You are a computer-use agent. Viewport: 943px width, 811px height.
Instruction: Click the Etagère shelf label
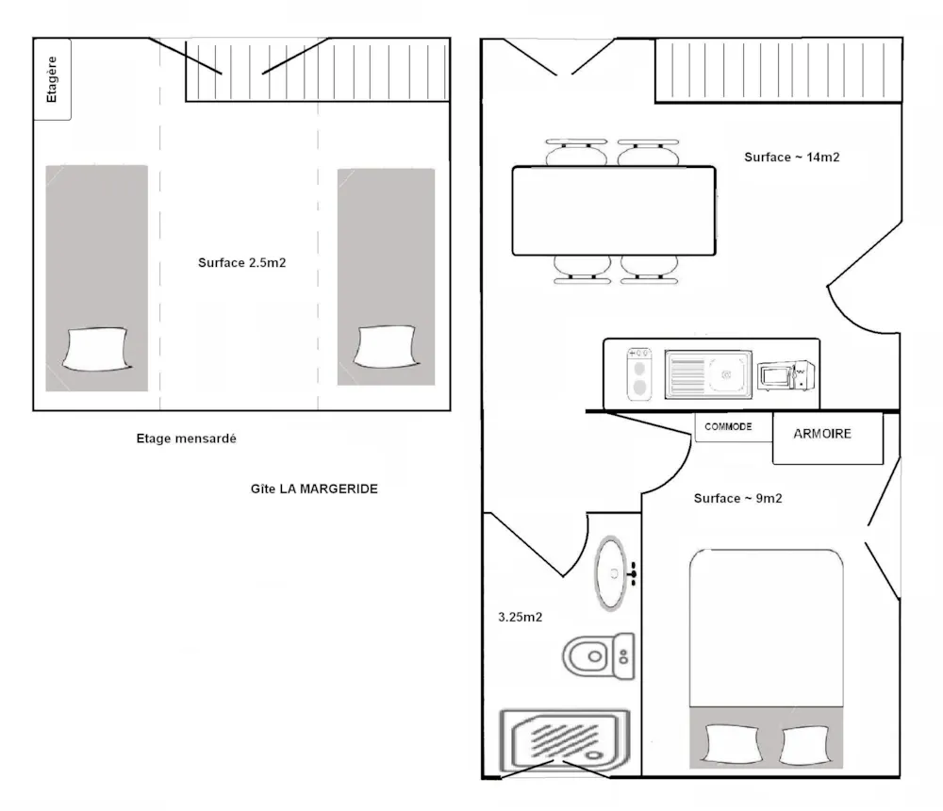click(x=52, y=79)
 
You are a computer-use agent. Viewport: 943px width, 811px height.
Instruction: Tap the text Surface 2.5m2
click(x=241, y=263)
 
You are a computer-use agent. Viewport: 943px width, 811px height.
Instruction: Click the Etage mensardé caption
click(x=187, y=439)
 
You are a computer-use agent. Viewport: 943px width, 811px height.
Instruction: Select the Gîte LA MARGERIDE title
click(x=314, y=488)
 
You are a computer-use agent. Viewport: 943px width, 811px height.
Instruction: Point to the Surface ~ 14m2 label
click(x=791, y=157)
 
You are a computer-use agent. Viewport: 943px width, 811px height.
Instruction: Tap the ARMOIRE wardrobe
click(x=828, y=438)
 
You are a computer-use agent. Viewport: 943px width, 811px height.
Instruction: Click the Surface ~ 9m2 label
click(x=738, y=498)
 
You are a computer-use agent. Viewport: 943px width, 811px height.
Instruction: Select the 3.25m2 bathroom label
click(x=521, y=617)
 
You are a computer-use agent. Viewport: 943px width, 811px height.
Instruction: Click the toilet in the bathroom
click(x=599, y=655)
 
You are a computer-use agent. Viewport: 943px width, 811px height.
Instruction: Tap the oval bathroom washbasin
click(x=611, y=573)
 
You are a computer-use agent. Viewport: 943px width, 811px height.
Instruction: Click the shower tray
click(x=564, y=740)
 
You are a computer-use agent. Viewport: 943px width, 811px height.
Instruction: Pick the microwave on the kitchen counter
click(x=786, y=375)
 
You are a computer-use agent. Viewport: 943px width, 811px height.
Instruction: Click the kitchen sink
click(x=708, y=374)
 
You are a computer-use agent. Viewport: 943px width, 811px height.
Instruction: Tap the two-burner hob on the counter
click(x=638, y=374)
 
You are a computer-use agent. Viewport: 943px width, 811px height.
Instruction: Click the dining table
click(x=614, y=210)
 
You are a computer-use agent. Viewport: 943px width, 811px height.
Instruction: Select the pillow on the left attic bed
click(x=96, y=349)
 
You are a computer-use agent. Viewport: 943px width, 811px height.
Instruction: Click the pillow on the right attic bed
click(x=386, y=346)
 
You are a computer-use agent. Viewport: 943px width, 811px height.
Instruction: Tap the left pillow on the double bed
click(x=732, y=744)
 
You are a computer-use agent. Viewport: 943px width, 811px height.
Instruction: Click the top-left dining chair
click(x=576, y=152)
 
